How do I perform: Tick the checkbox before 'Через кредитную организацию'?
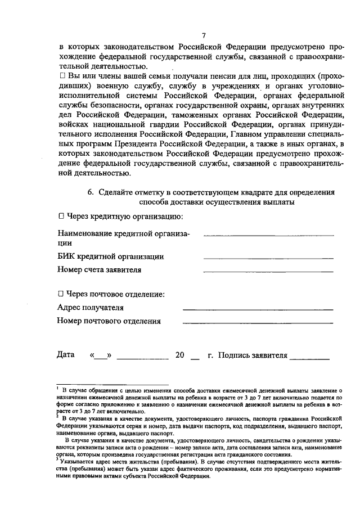click(61, 217)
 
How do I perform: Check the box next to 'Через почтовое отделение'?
click(61, 294)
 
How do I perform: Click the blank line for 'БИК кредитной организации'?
click(268, 258)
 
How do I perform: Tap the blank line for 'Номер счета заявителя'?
click(268, 271)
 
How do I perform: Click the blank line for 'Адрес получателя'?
click(258, 309)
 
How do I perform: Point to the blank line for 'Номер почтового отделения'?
click(258, 323)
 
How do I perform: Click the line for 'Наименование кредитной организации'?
click(268, 235)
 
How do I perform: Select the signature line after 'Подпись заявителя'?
click(310, 358)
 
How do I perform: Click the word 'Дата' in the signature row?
click(66, 355)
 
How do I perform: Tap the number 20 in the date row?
click(180, 355)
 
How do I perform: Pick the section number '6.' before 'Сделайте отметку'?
click(91, 191)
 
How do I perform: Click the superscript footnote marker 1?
click(58, 388)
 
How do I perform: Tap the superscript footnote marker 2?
click(58, 417)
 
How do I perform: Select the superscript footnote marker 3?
click(58, 459)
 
